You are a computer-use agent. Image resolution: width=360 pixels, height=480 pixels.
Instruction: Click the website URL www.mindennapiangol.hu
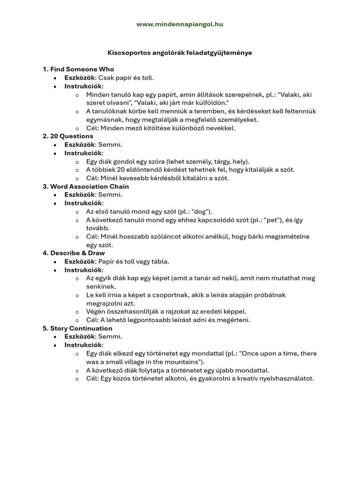180,24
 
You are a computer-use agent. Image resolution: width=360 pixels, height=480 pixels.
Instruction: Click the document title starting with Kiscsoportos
180,53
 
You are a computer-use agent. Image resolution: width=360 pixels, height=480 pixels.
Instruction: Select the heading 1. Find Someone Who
78,69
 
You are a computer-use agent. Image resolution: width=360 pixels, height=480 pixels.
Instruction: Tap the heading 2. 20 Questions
68,136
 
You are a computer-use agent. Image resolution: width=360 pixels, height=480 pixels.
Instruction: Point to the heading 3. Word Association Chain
86,187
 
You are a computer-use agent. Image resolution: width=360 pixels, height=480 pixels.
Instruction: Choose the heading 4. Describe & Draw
74,253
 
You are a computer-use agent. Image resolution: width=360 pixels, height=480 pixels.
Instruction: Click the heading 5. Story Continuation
77,329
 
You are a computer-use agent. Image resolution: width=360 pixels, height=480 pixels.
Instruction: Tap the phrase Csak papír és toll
126,78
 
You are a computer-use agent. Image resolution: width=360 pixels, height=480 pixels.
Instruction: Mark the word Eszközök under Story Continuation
80,337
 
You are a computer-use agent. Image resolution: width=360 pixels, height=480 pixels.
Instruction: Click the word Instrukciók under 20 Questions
83,153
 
